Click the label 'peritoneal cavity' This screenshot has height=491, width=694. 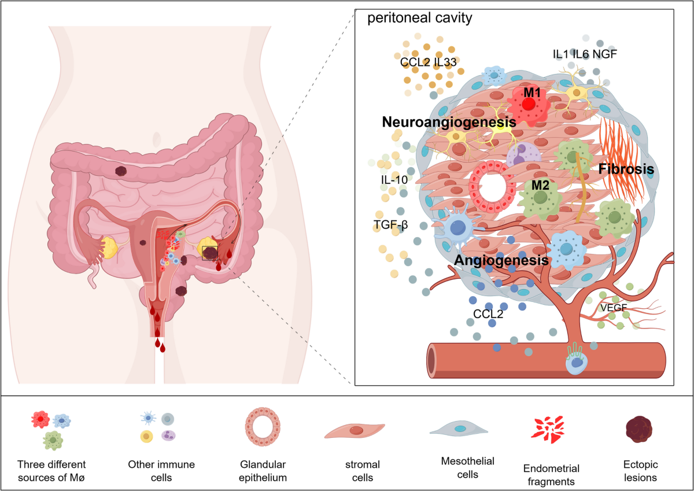coord(420,17)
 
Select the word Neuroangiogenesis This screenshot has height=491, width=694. coord(448,123)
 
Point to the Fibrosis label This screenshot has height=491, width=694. coord(626,169)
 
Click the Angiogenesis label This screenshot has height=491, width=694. coord(501,260)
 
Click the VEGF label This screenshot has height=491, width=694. coord(614,308)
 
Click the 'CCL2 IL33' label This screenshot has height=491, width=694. coord(429,61)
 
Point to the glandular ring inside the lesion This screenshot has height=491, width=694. coord(490,187)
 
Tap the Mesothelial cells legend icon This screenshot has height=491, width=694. coord(459,429)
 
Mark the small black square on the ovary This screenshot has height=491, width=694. coord(210,253)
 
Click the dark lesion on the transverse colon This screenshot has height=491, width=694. coord(122,171)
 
